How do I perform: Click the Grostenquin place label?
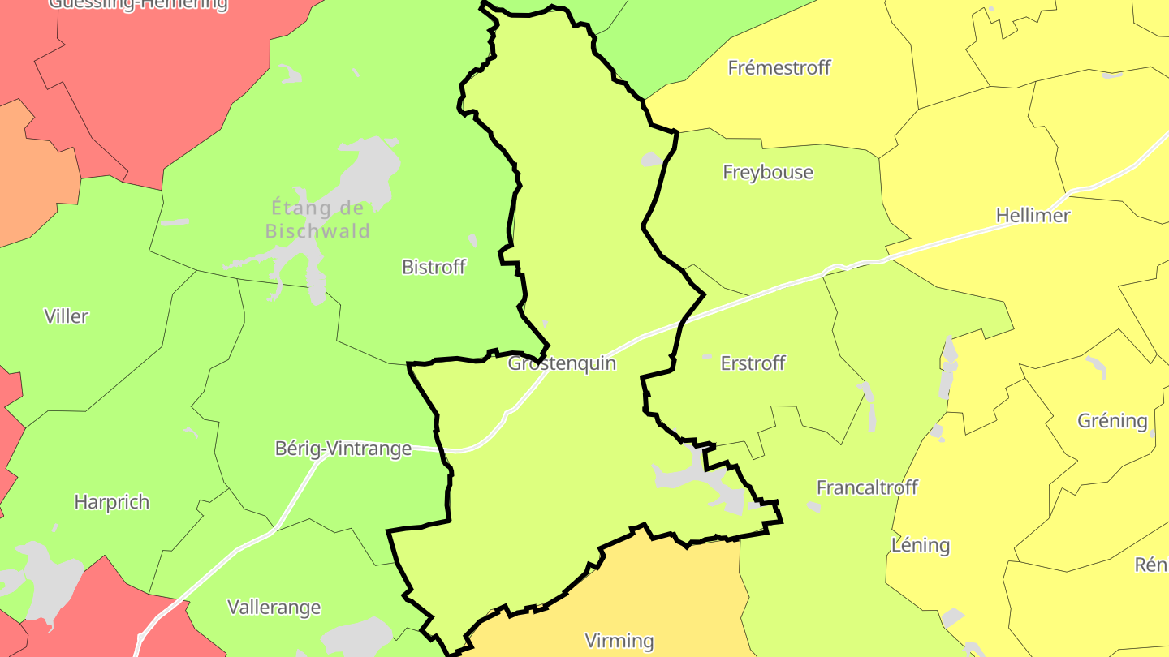tap(562, 363)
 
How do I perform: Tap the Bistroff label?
tap(434, 267)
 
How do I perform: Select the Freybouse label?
tap(768, 172)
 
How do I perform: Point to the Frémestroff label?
tap(779, 67)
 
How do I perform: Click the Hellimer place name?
tap(1033, 216)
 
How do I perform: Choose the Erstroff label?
tap(753, 363)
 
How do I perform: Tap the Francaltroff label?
tap(867, 487)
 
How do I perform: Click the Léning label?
tap(921, 544)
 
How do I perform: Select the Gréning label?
tap(1112, 421)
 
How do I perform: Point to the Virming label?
tap(619, 641)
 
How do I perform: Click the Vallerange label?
tap(274, 607)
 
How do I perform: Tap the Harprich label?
tap(112, 502)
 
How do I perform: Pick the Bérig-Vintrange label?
tap(343, 449)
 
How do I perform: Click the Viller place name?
tap(67, 316)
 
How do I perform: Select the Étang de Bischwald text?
tap(318, 219)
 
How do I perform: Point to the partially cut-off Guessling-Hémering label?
tap(138, 5)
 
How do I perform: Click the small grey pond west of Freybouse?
tap(652, 159)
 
